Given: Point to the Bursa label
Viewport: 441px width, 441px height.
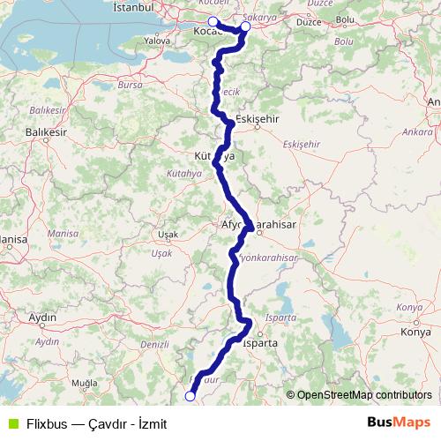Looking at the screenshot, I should [130, 85].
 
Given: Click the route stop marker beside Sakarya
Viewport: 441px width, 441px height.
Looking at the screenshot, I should [245, 26].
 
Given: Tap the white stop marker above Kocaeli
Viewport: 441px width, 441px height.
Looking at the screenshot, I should [213, 21].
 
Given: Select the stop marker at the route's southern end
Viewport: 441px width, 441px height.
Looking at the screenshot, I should [190, 396].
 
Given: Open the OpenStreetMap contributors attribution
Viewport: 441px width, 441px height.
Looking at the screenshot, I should [362, 395].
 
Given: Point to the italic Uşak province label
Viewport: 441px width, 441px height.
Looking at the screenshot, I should [162, 253].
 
